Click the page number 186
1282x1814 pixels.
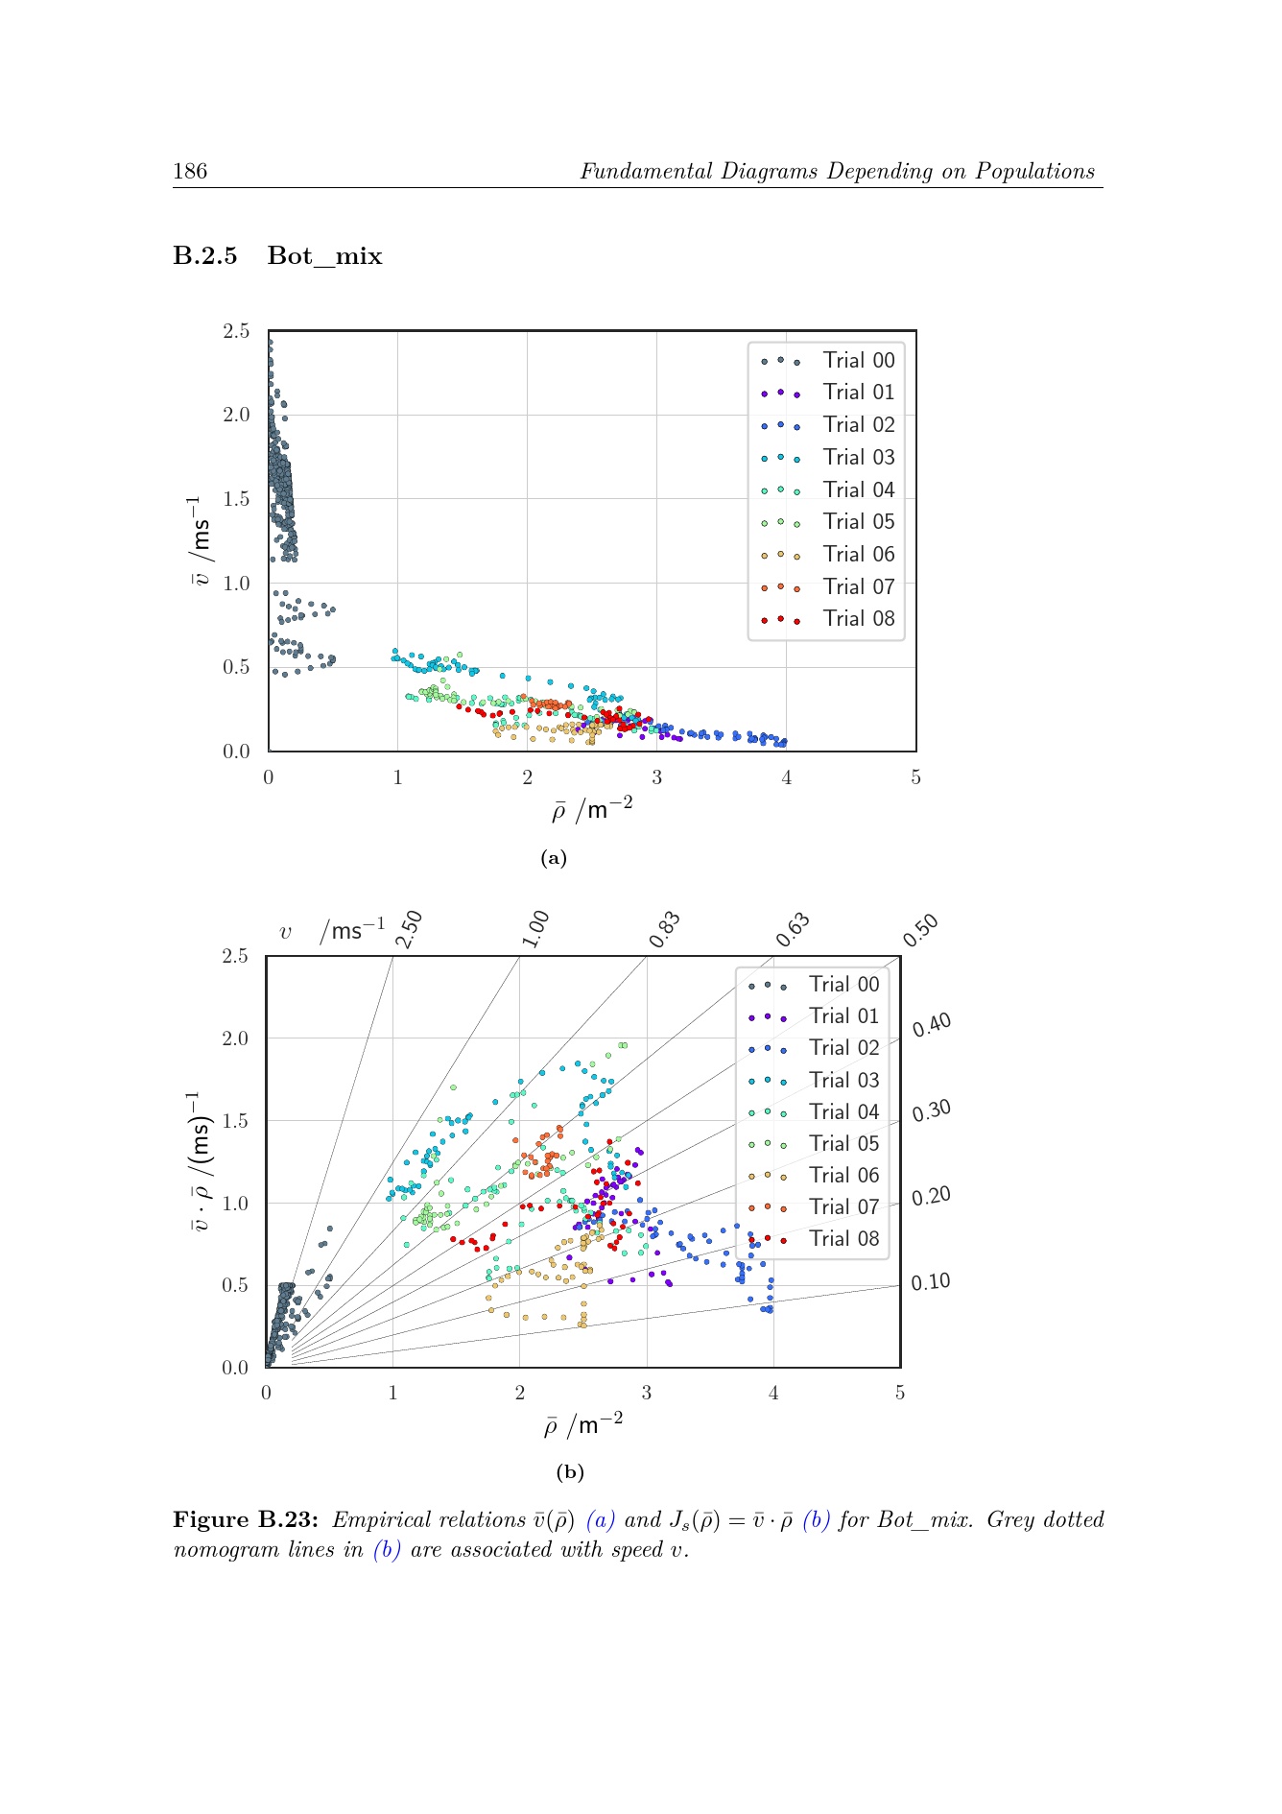click(x=190, y=172)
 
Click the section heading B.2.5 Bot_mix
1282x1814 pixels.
click(x=277, y=256)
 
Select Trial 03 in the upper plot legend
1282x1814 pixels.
click(x=858, y=457)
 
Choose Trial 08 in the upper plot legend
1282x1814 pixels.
click(x=858, y=618)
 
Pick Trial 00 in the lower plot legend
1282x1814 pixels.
click(x=843, y=984)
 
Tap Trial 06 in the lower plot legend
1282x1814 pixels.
click(x=843, y=1175)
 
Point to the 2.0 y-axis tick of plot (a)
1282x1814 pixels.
click(x=236, y=415)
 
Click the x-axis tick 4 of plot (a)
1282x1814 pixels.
click(x=786, y=777)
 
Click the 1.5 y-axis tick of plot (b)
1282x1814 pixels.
click(x=235, y=1120)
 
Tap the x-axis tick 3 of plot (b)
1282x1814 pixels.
click(x=646, y=1393)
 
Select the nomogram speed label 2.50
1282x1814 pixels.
click(x=410, y=929)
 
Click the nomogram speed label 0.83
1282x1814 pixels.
click(x=664, y=930)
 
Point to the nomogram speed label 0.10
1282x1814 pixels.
click(x=931, y=1282)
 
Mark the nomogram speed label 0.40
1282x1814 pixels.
click(x=932, y=1025)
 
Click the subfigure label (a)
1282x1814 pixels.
click(x=554, y=858)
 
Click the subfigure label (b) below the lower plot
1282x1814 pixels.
click(x=570, y=1472)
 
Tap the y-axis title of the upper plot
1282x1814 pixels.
click(x=200, y=540)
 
